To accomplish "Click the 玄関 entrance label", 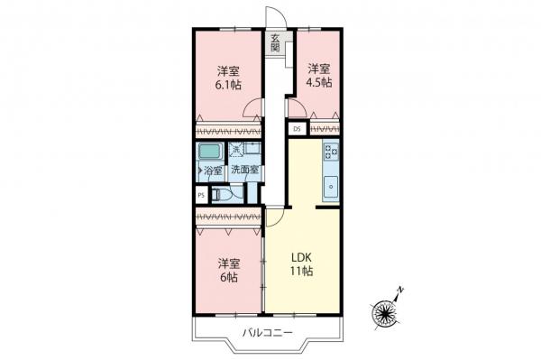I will tap(275, 42).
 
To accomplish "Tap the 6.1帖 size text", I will tap(228, 85).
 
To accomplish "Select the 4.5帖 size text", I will tap(319, 82).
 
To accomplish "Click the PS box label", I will tap(200, 193).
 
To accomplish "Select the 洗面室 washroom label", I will tap(244, 170).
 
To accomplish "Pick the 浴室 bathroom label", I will tap(213, 170).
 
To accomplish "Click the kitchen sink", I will tap(329, 189).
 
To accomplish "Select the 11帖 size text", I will tap(301, 271).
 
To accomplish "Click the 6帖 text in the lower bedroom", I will tap(228, 278).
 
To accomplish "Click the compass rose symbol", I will tap(385, 312).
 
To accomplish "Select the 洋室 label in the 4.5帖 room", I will tap(319, 68).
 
